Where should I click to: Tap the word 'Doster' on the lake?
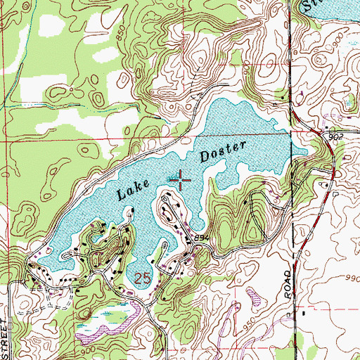223,151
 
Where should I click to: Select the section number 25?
142,278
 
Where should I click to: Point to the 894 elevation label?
202,239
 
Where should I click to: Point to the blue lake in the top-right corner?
330,8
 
